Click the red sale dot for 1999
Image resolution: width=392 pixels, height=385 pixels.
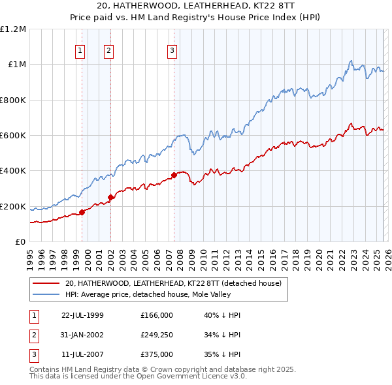(x=82, y=212)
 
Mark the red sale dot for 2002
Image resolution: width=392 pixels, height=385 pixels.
(x=111, y=197)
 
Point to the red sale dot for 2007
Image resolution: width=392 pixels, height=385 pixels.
(x=174, y=175)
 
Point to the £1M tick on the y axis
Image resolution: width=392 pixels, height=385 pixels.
(x=16, y=65)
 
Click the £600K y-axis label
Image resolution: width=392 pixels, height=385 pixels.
(x=13, y=136)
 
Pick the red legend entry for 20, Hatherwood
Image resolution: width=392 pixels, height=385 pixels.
(x=172, y=283)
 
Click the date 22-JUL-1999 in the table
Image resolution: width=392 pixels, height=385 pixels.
(x=82, y=315)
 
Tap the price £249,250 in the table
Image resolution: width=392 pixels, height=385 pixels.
(x=157, y=335)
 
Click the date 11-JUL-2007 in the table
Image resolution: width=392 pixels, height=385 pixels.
(x=82, y=355)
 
